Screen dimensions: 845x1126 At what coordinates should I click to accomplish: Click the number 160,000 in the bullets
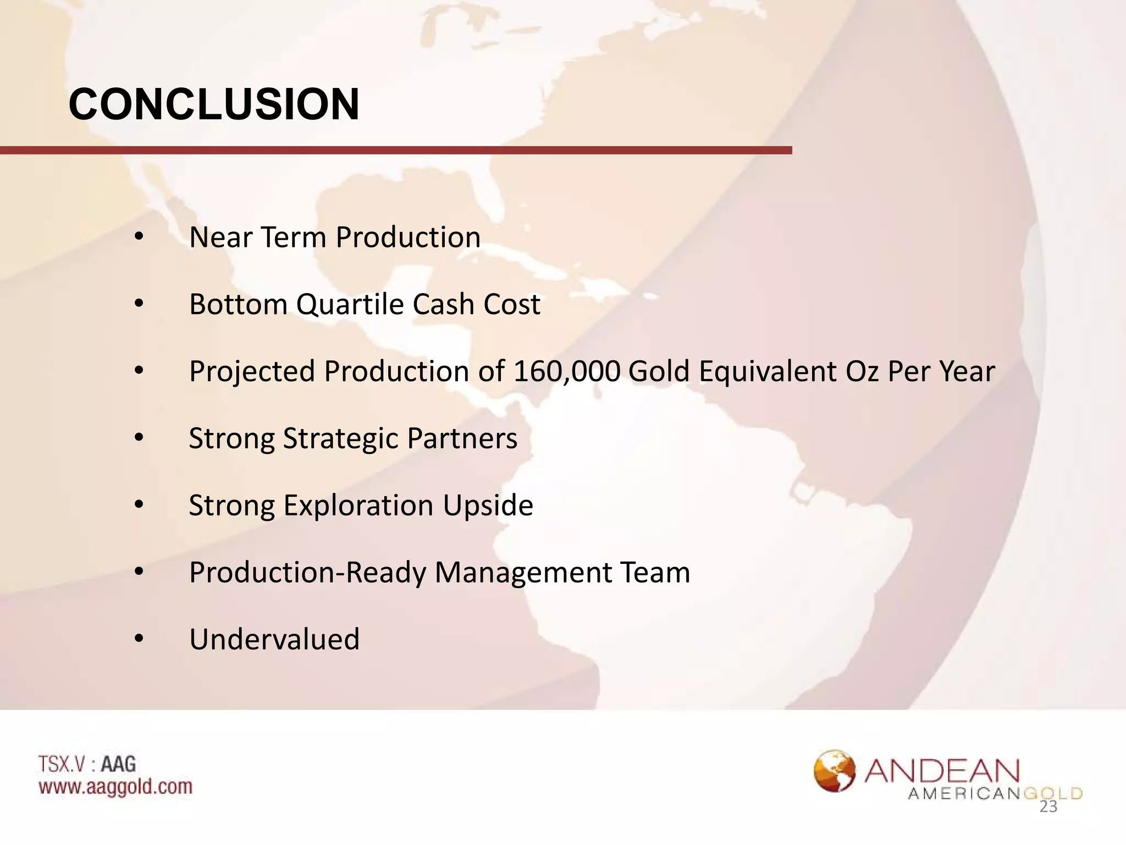[567, 371]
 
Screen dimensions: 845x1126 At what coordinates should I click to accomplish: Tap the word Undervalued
[274, 639]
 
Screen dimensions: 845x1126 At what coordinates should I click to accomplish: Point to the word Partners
[462, 438]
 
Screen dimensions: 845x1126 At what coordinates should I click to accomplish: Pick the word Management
[523, 573]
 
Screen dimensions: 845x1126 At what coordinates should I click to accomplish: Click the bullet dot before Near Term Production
[139, 237]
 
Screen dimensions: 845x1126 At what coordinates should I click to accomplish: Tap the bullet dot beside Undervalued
[139, 639]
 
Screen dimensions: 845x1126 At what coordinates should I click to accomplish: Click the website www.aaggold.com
[115, 787]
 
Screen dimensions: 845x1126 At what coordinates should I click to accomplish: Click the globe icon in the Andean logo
[835, 771]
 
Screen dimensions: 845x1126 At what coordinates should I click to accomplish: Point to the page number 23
[1048, 807]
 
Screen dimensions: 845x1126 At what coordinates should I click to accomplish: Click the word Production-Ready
[307, 573]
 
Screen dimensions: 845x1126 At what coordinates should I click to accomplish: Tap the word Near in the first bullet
[220, 237]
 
